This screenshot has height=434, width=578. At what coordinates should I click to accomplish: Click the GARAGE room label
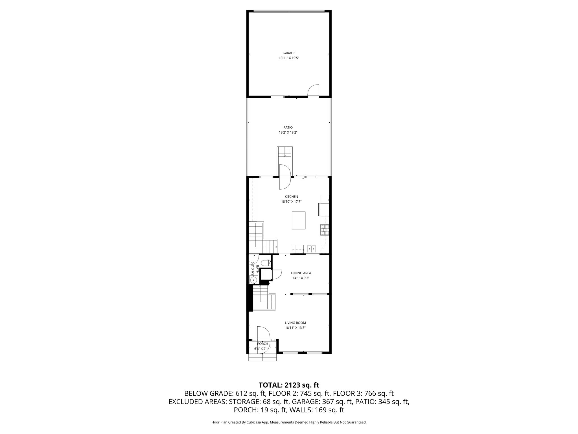(289, 53)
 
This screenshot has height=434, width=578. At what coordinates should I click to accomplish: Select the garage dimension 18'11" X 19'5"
(289, 58)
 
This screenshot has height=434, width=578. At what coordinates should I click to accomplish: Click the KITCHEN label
(291, 197)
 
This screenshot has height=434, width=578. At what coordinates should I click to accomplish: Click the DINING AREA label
(301, 273)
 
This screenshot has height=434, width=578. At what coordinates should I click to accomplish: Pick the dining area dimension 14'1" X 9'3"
(301, 278)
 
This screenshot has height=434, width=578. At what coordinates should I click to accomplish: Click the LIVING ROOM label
(295, 323)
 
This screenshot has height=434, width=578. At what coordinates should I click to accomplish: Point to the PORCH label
(262, 344)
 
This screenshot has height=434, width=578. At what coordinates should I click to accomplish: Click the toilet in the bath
(265, 263)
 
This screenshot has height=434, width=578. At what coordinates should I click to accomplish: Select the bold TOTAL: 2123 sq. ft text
(289, 385)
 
